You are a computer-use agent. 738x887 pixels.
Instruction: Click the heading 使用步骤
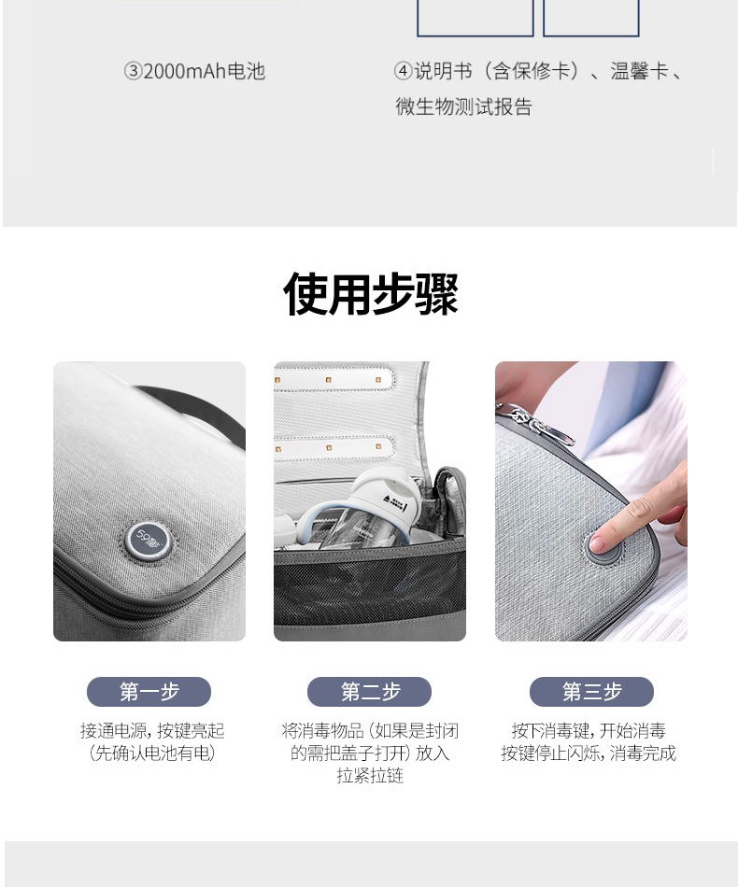pyautogui.click(x=370, y=294)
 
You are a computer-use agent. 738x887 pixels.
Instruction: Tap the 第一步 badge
pyautogui.click(x=149, y=691)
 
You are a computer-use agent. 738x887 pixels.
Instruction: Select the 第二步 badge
pyautogui.click(x=370, y=691)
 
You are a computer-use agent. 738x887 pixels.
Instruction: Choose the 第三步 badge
pyautogui.click(x=591, y=691)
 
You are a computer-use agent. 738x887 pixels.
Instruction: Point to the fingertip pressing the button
pyautogui.click(x=601, y=542)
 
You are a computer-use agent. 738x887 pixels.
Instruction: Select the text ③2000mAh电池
pyautogui.click(x=194, y=72)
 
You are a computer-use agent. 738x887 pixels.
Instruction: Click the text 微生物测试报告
pyautogui.click(x=463, y=106)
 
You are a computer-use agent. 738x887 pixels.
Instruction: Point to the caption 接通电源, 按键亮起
pyautogui.click(x=152, y=731)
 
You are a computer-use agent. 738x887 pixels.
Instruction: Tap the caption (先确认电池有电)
pyautogui.click(x=152, y=753)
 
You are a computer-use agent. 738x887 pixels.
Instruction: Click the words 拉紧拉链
pyautogui.click(x=370, y=776)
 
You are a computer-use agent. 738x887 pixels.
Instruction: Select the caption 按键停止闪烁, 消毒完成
pyautogui.click(x=589, y=753)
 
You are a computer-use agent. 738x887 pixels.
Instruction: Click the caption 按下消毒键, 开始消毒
pyautogui.click(x=589, y=731)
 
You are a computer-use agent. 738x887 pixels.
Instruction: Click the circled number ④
pyautogui.click(x=403, y=72)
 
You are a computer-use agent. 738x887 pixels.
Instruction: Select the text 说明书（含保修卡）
pyautogui.click(x=498, y=72)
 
